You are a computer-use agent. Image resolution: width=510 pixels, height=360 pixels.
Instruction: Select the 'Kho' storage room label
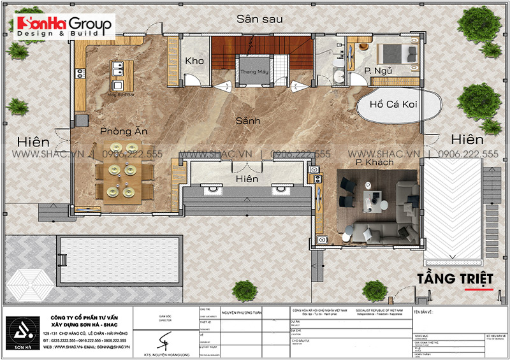(x=194, y=61)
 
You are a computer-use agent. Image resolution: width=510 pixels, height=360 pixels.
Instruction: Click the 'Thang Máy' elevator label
(x=253, y=72)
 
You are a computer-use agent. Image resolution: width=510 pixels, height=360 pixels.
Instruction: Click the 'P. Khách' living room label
(x=375, y=163)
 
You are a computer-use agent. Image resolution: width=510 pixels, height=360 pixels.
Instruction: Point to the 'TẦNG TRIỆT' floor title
(x=456, y=280)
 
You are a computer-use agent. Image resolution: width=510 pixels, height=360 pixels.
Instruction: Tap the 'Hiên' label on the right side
(x=466, y=139)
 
